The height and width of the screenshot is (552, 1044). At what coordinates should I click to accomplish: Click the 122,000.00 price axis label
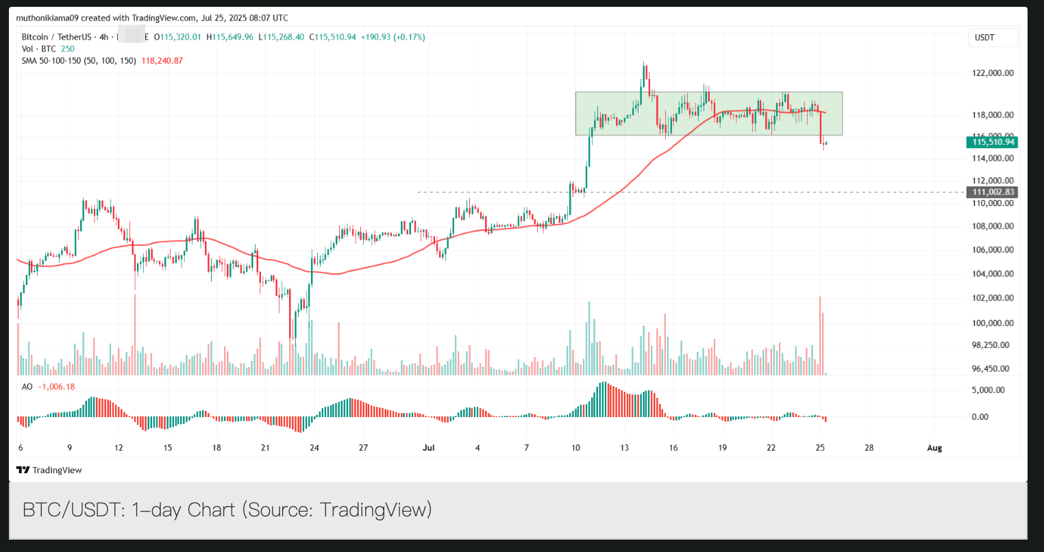[993, 73]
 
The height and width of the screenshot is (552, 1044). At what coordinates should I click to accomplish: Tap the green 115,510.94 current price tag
[992, 142]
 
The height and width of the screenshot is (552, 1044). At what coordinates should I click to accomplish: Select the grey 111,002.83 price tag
[992, 192]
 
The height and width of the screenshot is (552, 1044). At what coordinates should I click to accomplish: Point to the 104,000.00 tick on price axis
[993, 274]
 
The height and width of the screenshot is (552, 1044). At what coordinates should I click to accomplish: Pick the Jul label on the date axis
[429, 448]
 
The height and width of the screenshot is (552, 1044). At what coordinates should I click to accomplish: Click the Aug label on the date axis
[934, 448]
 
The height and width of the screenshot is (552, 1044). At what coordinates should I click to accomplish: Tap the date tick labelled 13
[625, 448]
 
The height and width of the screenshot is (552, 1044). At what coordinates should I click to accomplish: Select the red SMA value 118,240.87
[162, 61]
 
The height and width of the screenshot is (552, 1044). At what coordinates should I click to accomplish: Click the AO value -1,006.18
[57, 387]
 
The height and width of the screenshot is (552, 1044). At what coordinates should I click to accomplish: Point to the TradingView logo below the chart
[49, 470]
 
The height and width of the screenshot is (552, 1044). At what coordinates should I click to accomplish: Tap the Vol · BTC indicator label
[39, 49]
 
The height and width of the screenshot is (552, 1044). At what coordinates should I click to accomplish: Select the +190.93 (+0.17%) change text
[393, 37]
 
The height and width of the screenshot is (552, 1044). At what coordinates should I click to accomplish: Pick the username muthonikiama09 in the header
[47, 18]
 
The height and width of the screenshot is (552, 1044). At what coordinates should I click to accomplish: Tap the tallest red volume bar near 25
[820, 336]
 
